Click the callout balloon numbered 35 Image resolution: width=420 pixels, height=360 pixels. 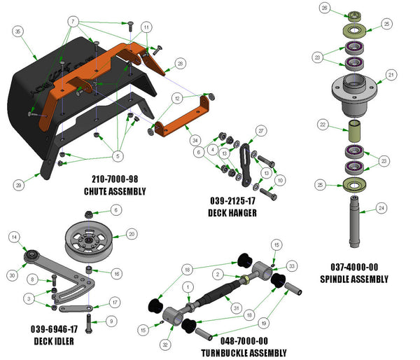tap(18, 31)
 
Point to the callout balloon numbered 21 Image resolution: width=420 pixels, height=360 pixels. tap(391, 74)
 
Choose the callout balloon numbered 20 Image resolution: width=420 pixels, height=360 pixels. tap(131, 235)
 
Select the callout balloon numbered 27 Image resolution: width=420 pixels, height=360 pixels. tap(260, 130)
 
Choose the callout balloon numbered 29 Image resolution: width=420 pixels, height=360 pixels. tap(18, 185)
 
